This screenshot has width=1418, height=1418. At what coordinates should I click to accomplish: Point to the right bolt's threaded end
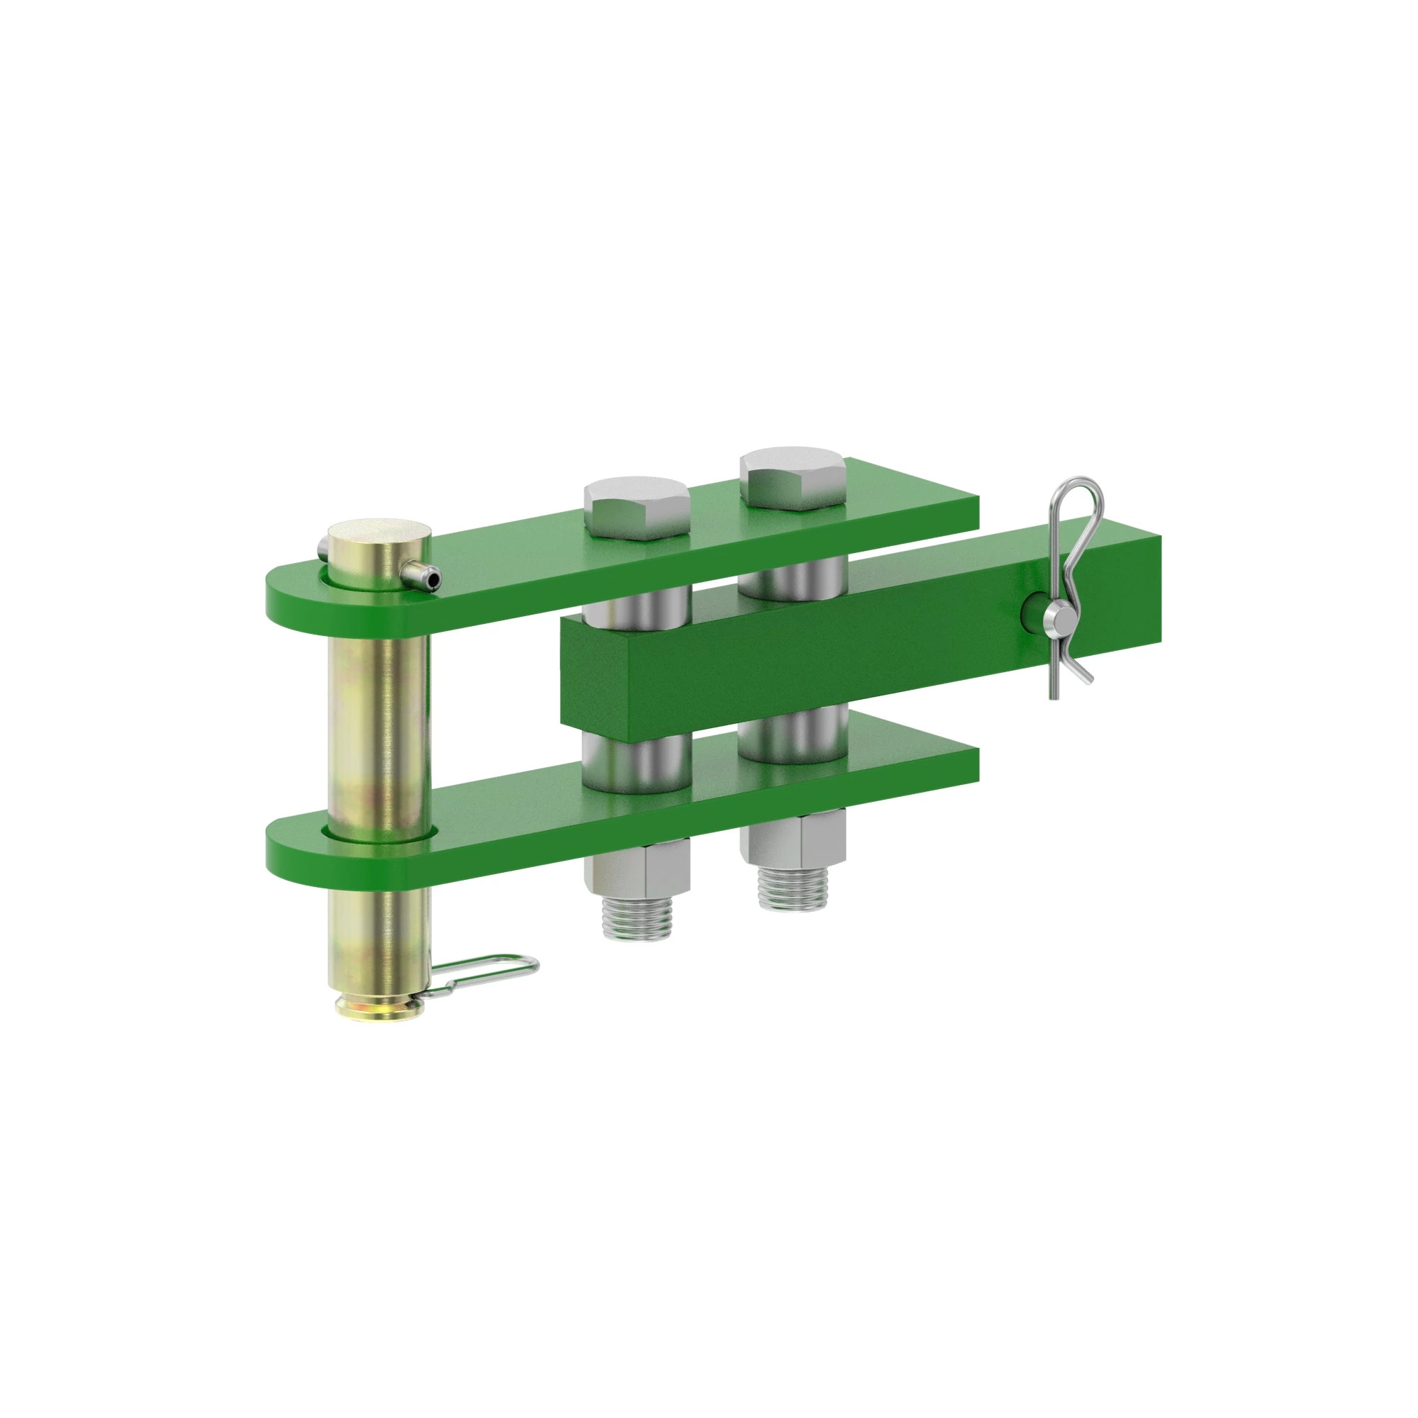point(793,889)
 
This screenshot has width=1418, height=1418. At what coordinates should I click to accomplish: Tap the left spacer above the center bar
point(637,603)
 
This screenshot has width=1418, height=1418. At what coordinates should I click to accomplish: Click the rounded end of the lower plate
point(294,852)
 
